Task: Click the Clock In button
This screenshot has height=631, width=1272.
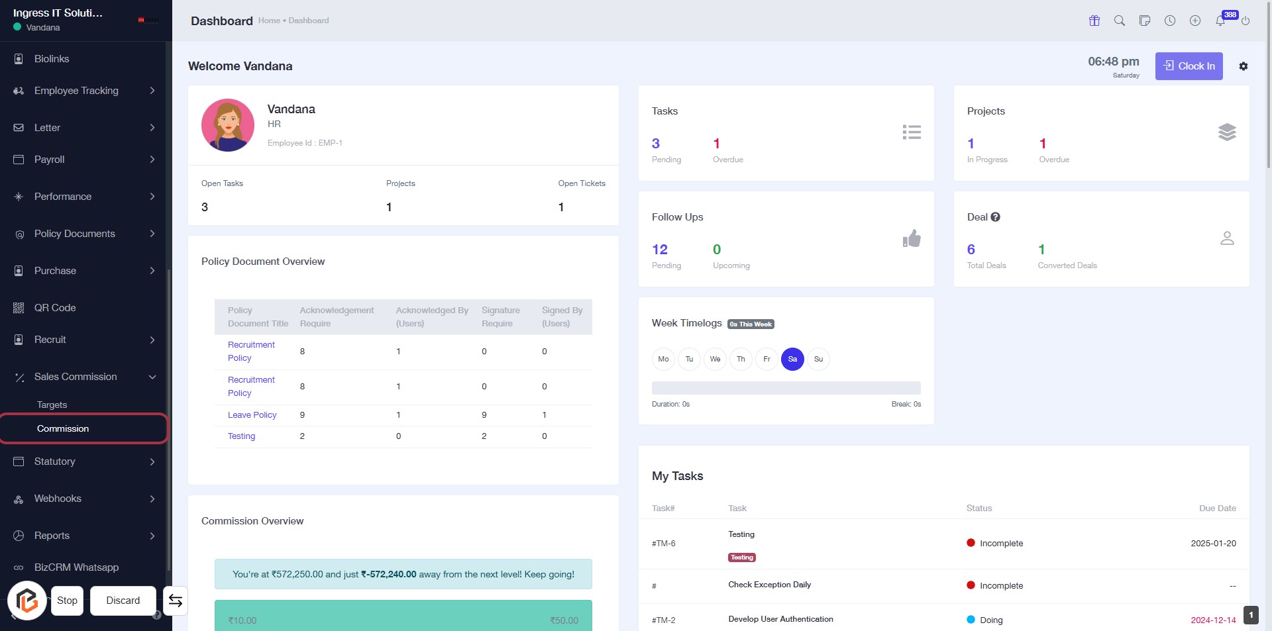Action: [x=1189, y=66]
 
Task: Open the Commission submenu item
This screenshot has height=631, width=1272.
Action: [x=63, y=428]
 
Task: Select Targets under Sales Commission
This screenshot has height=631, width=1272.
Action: [x=52, y=405]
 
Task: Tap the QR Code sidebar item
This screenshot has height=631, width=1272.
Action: [x=55, y=308]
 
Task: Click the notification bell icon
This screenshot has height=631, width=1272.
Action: [x=1220, y=21]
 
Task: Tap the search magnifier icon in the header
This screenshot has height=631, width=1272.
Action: [x=1120, y=21]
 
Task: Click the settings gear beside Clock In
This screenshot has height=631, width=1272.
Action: [x=1244, y=66]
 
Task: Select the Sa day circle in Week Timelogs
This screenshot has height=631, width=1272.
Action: [x=792, y=359]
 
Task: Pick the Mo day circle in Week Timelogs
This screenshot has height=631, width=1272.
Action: [x=663, y=359]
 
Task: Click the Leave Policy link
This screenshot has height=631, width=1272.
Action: [x=252, y=415]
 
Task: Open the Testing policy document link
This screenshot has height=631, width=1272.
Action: [x=241, y=436]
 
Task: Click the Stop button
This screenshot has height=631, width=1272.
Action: [x=67, y=601]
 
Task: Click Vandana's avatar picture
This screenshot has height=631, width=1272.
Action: [x=228, y=125]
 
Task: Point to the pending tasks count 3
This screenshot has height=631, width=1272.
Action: [x=656, y=144]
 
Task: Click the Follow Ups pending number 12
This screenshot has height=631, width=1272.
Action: [x=660, y=250]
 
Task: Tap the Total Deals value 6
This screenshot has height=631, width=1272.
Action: [x=971, y=250]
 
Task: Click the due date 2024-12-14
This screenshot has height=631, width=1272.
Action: [x=1213, y=620]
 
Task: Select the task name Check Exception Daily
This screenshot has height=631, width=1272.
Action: [x=769, y=585]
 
